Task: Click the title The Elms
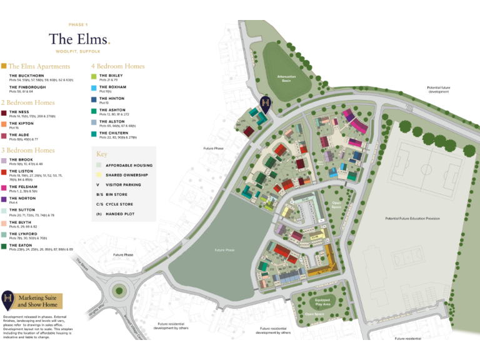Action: (x=79, y=39)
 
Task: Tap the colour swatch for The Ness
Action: (x=4, y=112)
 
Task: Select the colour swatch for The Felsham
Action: (x=4, y=187)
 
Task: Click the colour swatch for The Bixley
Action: (x=94, y=76)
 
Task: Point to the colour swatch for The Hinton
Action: (x=94, y=99)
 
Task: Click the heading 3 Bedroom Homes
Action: (x=28, y=150)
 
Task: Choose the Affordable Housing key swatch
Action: (x=98, y=165)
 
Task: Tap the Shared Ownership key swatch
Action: (x=98, y=175)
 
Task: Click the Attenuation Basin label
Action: (x=286, y=78)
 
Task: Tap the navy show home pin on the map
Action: (x=266, y=103)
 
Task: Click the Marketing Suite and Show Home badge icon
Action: (x=9, y=300)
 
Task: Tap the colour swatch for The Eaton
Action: (x=4, y=246)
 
